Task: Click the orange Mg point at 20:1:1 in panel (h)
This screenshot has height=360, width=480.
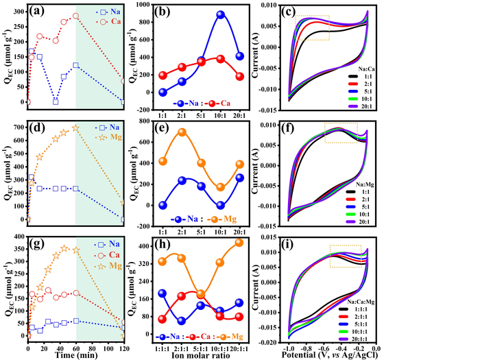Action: (x=220, y=242)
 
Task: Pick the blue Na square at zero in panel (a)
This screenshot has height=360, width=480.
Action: (x=56, y=101)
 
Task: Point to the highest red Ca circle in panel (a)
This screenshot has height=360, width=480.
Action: (x=75, y=16)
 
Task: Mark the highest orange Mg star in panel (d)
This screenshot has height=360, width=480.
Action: (x=75, y=128)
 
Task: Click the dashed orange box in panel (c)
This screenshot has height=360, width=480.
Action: (x=312, y=27)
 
